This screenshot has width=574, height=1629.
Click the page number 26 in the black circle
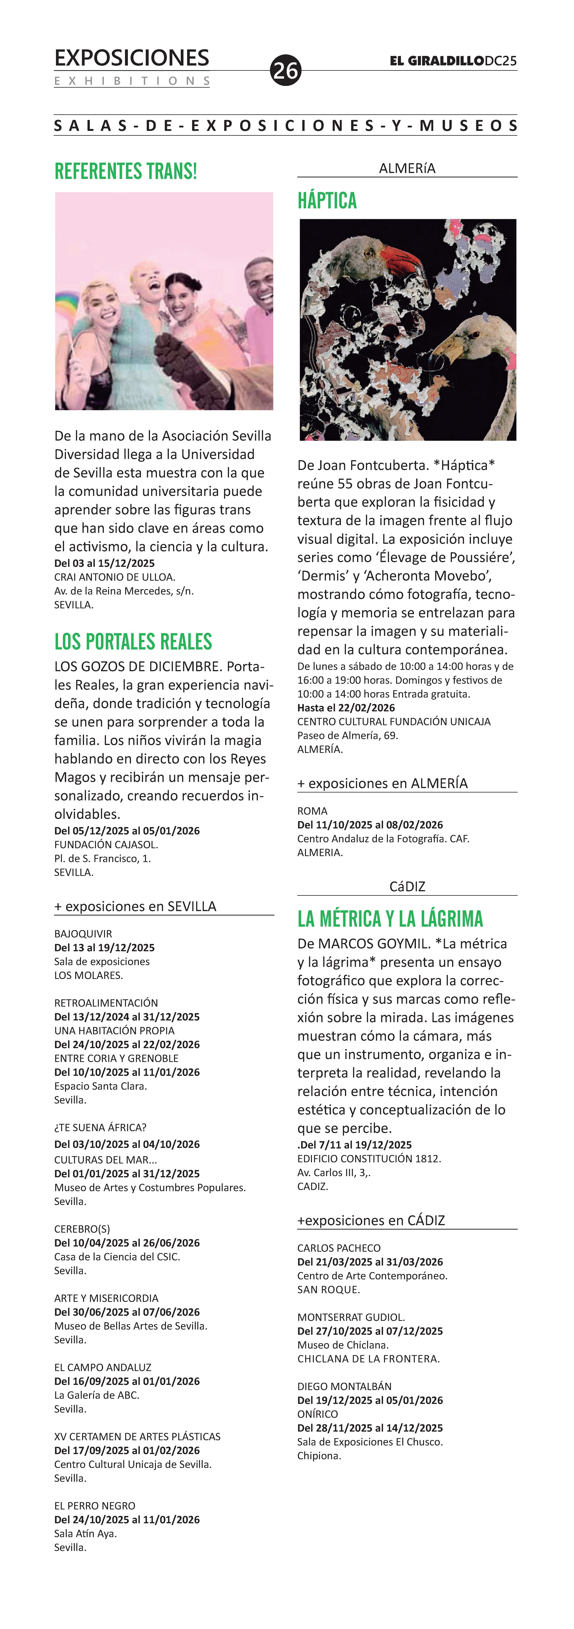click(x=285, y=70)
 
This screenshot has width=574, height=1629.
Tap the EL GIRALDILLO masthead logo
click(x=437, y=61)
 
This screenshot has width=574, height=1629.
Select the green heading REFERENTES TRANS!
click(x=126, y=171)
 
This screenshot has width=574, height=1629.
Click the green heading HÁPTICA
click(x=327, y=200)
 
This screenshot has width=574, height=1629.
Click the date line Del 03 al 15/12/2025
click(x=104, y=563)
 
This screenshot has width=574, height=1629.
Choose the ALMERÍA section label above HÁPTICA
click(x=407, y=168)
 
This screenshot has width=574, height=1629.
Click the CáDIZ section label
click(x=407, y=887)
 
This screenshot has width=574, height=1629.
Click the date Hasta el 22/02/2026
click(x=346, y=708)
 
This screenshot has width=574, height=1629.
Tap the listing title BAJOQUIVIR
click(x=83, y=933)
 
